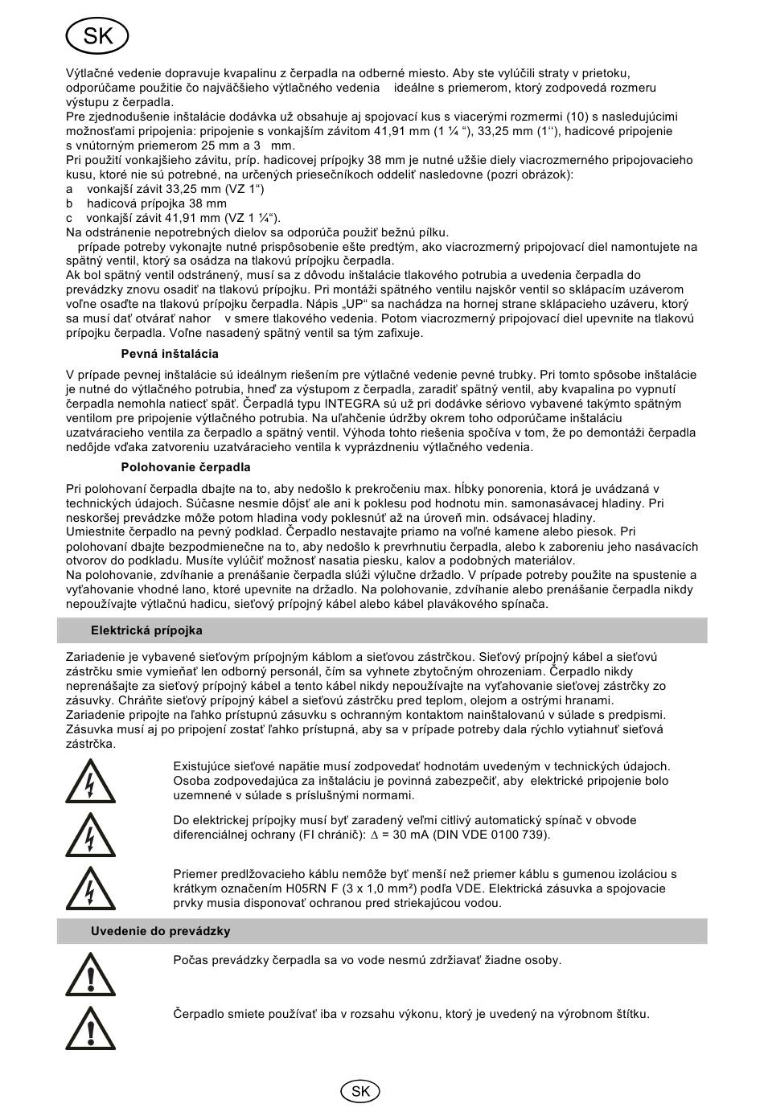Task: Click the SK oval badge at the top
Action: click(x=97, y=35)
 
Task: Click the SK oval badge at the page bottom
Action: click(x=360, y=1090)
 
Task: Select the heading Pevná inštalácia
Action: click(x=169, y=354)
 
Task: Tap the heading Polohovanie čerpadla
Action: click(x=186, y=467)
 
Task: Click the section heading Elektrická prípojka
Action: click(x=146, y=630)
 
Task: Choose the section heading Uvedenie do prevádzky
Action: click(x=160, y=931)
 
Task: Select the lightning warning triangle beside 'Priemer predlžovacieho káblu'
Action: click(x=90, y=889)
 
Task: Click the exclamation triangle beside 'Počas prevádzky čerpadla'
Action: click(x=90, y=975)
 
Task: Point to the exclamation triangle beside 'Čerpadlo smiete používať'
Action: click(x=90, y=1028)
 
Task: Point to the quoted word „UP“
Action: click(x=354, y=304)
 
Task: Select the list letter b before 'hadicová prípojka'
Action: click(x=69, y=203)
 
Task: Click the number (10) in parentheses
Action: click(x=564, y=117)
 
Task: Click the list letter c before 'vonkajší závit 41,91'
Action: click(x=69, y=218)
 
